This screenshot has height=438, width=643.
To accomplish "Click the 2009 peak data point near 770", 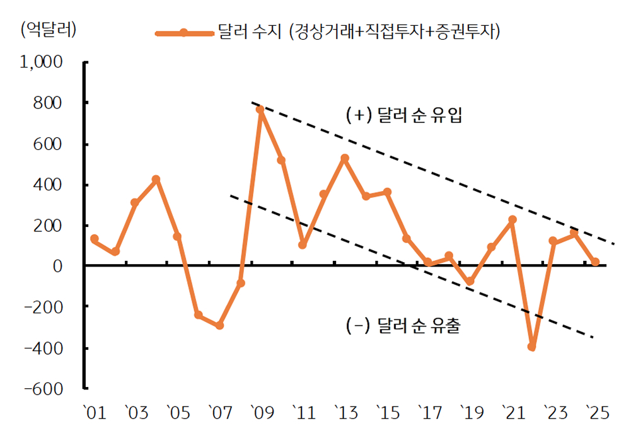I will (x=260, y=110).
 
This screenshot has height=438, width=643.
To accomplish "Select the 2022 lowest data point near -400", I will (x=531, y=347).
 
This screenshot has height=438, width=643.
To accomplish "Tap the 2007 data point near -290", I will (x=219, y=325).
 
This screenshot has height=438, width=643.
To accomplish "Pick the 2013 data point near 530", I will (x=344, y=158).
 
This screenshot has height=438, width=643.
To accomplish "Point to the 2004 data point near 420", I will (x=156, y=180).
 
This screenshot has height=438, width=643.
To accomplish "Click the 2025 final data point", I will (x=595, y=262).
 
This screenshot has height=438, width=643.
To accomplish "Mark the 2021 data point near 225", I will (x=512, y=220).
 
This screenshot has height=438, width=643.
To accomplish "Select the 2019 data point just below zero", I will (x=470, y=282).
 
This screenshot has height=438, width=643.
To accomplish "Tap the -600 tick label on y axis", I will (x=44, y=389).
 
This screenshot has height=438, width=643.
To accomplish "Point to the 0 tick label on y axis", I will (x=59, y=267).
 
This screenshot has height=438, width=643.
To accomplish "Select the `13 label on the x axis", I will (x=345, y=413).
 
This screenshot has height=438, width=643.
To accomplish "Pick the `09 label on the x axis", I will (x=261, y=413).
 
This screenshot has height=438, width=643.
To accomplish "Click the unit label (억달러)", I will (x=49, y=30).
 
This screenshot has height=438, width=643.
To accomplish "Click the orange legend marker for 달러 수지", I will (x=183, y=33).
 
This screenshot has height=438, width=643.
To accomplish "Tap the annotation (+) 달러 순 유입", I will (x=404, y=117).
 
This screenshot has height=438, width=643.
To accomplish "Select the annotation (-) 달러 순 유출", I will (x=404, y=326).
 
